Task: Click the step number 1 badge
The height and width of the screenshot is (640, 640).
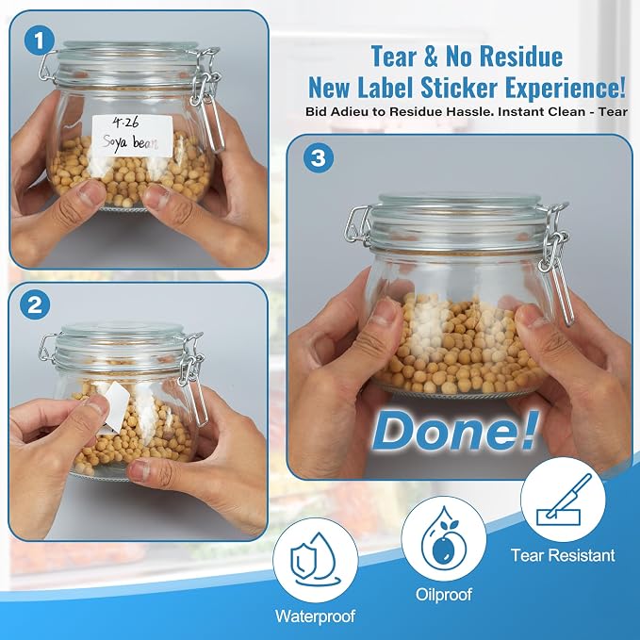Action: point(40,40)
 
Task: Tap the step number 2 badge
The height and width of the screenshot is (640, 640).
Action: point(35,304)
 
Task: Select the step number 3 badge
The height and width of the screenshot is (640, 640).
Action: point(319,157)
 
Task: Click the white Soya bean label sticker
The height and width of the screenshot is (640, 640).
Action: point(132,136)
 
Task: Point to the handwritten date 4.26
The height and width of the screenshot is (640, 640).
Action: point(125,123)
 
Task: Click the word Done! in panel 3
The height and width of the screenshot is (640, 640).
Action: point(455,431)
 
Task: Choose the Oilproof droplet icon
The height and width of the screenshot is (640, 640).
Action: point(444,538)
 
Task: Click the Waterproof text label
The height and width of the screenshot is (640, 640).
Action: point(315,615)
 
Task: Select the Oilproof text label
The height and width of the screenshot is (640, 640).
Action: point(444,594)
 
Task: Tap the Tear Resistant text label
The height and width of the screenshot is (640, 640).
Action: point(563,555)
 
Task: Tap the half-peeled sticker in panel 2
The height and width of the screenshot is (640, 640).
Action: point(112,406)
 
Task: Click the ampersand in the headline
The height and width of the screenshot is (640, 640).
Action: point(431,57)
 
